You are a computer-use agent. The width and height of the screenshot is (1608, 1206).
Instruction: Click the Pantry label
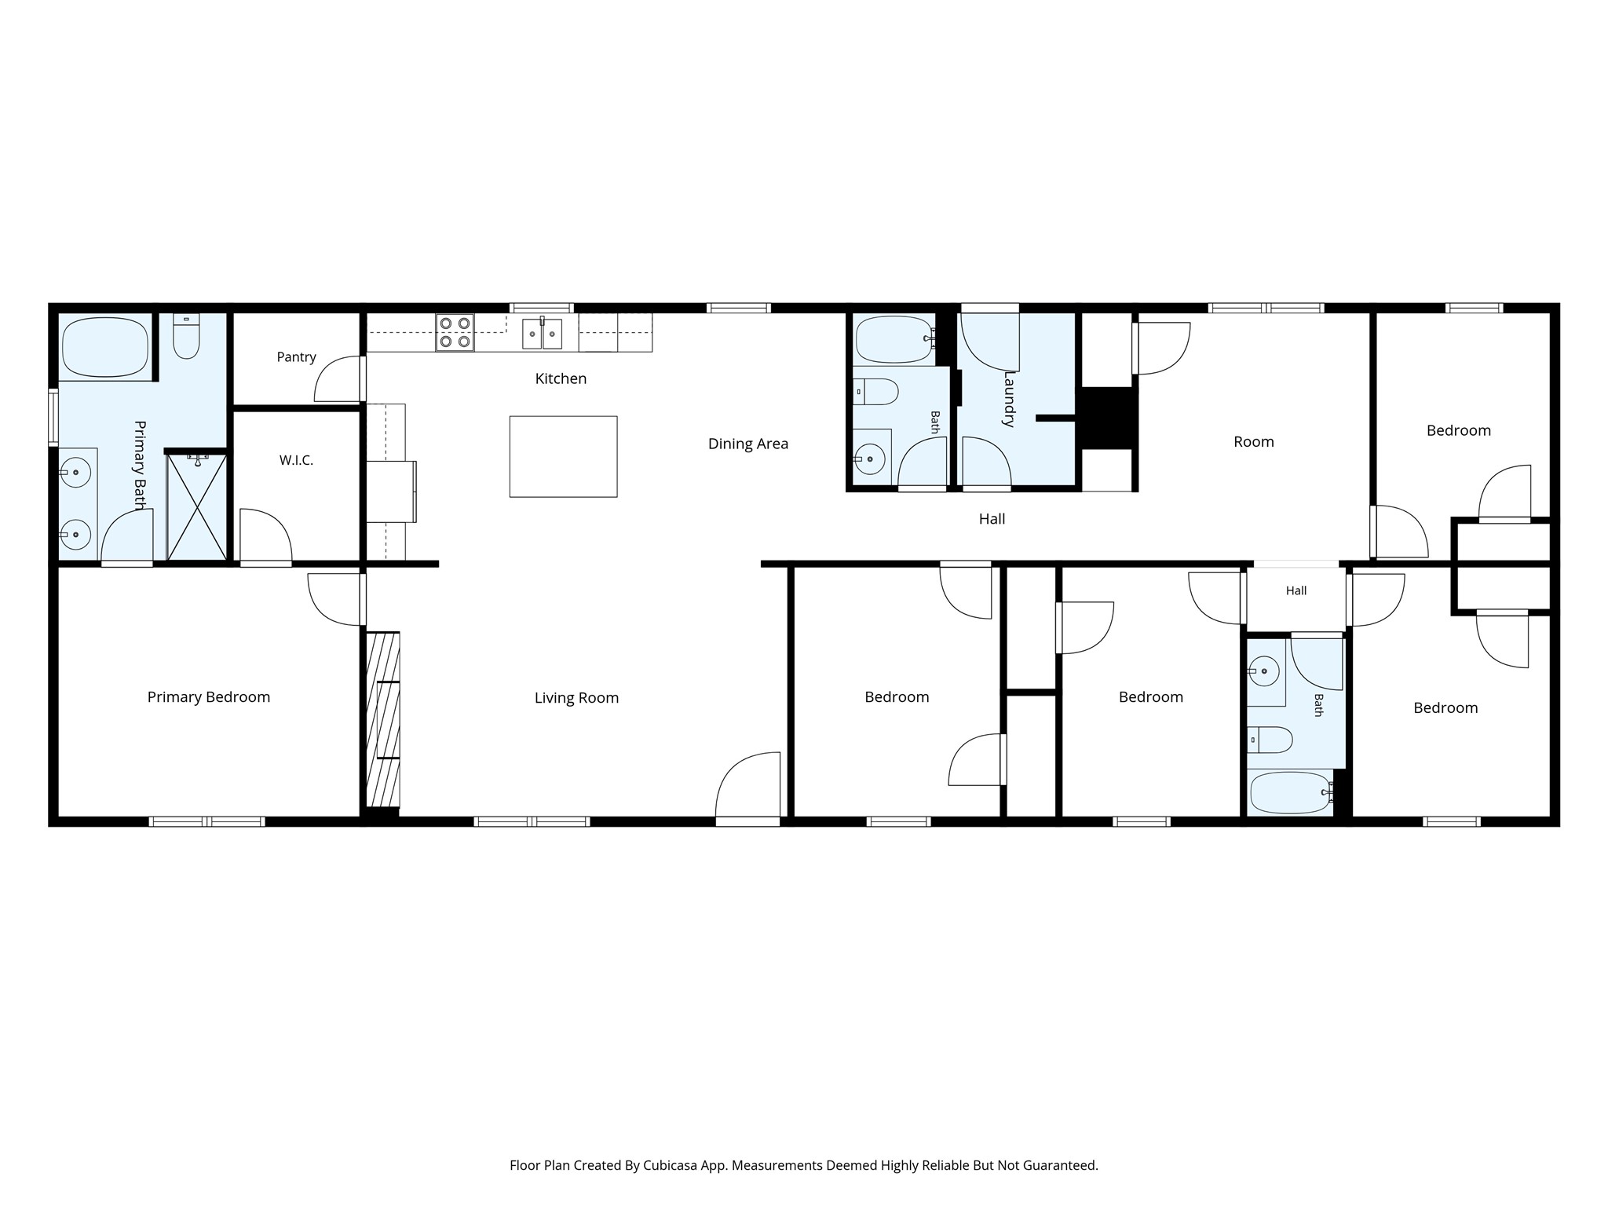[296, 357]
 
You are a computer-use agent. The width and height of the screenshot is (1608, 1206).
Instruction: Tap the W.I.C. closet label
[296, 461]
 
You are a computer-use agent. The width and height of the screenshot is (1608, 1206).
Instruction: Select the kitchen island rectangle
[563, 456]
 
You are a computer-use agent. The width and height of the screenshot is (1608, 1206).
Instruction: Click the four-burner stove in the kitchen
[455, 332]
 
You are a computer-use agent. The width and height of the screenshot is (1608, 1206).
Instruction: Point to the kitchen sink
[542, 333]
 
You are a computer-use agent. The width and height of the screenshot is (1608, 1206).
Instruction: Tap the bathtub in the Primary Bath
[105, 347]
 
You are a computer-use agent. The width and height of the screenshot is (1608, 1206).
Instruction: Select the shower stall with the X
[196, 506]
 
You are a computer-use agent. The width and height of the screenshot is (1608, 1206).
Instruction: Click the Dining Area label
[747, 444]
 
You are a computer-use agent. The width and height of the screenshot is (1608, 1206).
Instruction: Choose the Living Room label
[576, 698]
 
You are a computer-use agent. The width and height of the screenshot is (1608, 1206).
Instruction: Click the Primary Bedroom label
[209, 697]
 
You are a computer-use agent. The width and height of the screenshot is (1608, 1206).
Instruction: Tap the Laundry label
[1009, 399]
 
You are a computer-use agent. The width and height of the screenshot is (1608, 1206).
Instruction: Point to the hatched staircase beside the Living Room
[383, 719]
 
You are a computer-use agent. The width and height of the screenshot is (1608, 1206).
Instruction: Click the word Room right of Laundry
[1253, 442]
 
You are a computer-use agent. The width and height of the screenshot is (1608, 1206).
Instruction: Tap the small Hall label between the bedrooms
[1296, 591]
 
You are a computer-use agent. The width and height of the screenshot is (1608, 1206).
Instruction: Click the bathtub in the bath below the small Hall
[1289, 794]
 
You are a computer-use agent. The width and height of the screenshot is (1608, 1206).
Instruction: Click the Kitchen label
[561, 379]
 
